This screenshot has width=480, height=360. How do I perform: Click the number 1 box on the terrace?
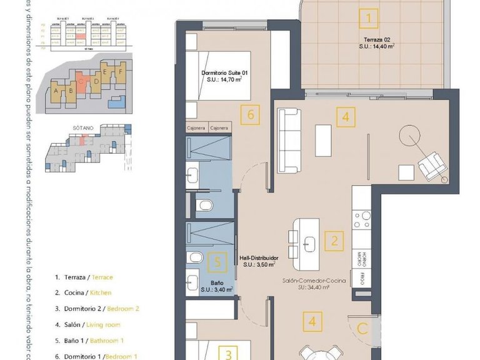[x=369, y=18]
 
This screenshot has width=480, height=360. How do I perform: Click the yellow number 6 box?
[x=250, y=115]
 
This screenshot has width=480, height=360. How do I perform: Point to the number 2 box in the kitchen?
[x=335, y=241]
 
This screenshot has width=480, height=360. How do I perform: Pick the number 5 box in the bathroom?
[x=216, y=262]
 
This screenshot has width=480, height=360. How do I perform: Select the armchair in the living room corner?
[x=432, y=166]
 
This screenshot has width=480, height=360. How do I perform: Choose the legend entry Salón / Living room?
[x=88, y=324]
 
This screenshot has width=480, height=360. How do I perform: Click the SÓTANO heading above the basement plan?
[x=82, y=127]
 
